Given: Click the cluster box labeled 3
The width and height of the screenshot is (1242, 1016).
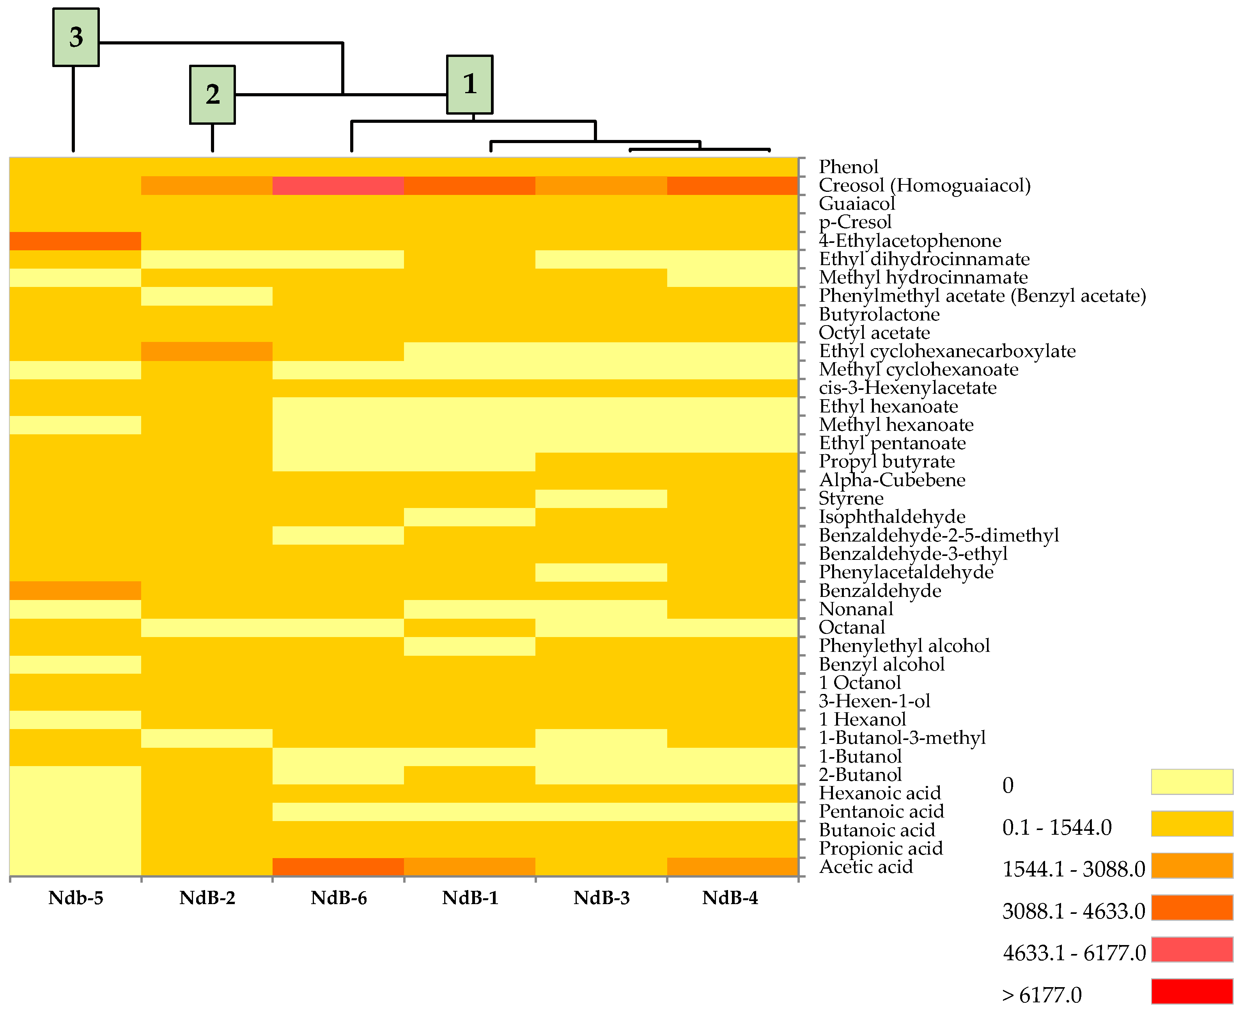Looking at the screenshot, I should (x=76, y=37).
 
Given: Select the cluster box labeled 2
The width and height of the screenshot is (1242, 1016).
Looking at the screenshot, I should (x=213, y=94).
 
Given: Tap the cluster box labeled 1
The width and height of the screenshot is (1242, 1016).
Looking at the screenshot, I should (x=470, y=84).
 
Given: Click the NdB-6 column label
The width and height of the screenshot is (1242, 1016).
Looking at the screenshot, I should (x=338, y=897).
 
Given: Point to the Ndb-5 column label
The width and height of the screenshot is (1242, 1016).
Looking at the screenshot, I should (x=76, y=897).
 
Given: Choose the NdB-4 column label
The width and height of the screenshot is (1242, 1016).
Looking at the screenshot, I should (x=730, y=897).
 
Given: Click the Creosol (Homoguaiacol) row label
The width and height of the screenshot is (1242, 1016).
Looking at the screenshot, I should (x=924, y=186).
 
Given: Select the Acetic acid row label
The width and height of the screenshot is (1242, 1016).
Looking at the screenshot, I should (x=866, y=867).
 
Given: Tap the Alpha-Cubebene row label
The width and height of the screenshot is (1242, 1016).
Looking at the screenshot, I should (x=892, y=480).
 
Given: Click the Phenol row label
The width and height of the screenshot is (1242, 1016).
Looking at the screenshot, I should (x=848, y=167).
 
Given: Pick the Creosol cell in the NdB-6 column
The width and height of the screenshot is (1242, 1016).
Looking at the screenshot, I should (x=338, y=186).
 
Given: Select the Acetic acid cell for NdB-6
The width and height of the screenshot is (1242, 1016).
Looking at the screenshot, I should (x=338, y=867).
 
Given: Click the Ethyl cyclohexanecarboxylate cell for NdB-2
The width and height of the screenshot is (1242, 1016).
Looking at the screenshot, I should (x=207, y=351).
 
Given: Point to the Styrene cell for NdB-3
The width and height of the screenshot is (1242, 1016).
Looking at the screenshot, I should (x=601, y=499).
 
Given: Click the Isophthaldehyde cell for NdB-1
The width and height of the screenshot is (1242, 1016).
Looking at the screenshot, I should (x=470, y=517).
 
